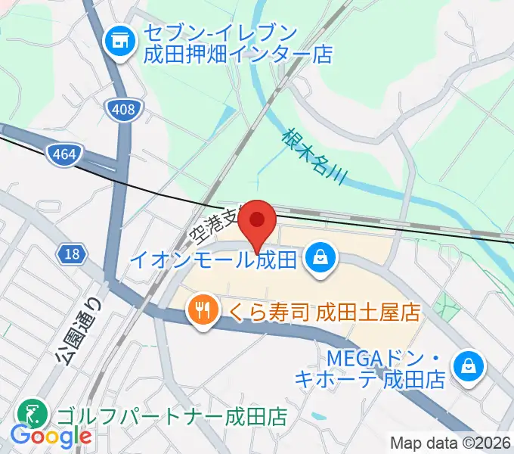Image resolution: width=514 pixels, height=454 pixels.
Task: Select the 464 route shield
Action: pyautogui.click(x=63, y=155)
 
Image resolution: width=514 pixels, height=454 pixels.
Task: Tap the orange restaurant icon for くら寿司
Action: pyautogui.click(x=201, y=311)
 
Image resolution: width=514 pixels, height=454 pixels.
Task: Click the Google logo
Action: pyautogui.click(x=50, y=436)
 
